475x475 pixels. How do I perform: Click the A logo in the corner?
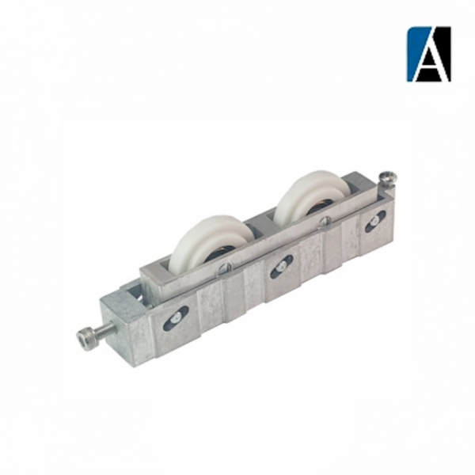tap(428, 54)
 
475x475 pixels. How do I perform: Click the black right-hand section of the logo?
tap(444, 47)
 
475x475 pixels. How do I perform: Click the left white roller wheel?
tap(207, 241)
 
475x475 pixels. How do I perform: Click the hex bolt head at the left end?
tap(85, 339)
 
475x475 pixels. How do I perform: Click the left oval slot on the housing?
tap(176, 318)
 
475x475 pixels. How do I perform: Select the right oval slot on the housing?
tap(374, 221)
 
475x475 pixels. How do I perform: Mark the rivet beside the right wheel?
tap(323, 223)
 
